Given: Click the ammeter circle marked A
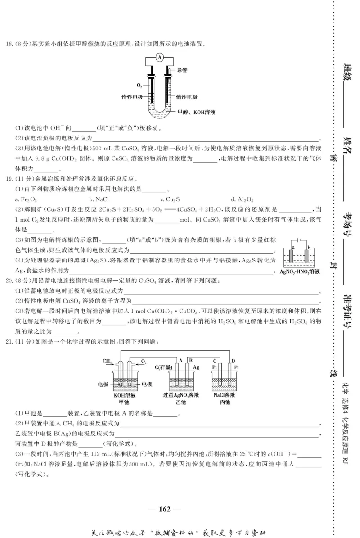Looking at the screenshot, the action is [x=161, y=57].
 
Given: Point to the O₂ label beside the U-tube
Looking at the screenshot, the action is [x=139, y=85].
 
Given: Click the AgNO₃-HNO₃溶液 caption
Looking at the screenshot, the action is [x=299, y=272].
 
